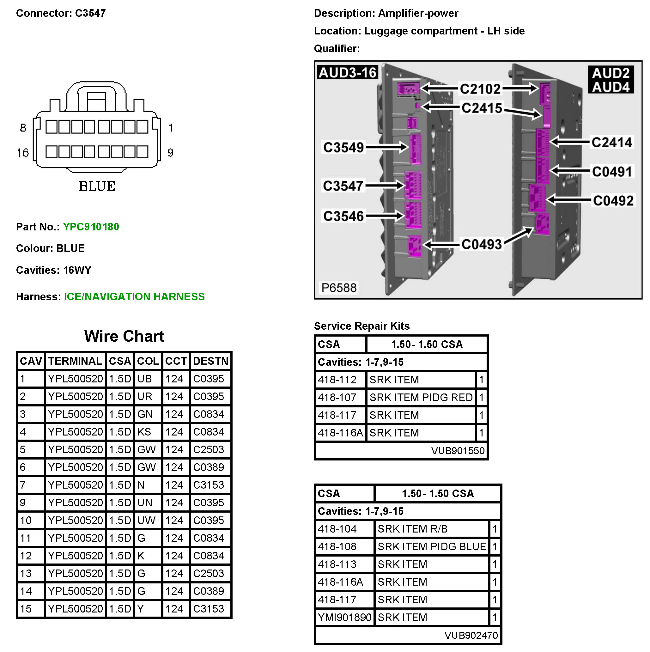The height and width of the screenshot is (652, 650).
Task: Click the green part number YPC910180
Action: [91, 227]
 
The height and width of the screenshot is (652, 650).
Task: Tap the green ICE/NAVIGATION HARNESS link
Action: [134, 297]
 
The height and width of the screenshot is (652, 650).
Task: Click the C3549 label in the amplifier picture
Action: [343, 148]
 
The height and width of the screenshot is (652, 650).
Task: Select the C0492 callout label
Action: [613, 201]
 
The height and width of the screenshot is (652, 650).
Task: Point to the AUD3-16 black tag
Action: [347, 73]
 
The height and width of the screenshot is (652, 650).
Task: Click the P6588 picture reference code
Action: [338, 288]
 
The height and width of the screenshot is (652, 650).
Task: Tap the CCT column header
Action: [176, 361]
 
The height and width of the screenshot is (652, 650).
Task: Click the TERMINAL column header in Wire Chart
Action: [75, 361]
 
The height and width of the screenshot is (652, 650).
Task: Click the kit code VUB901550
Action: [457, 451]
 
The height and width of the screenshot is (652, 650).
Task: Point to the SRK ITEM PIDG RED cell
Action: [421, 398]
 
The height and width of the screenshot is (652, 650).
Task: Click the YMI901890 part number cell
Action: [344, 617]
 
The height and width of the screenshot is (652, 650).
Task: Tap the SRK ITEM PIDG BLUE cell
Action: [431, 546]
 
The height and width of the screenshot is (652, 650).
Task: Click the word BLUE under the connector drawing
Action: [97, 186]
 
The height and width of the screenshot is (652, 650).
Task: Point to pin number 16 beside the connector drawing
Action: [23, 153]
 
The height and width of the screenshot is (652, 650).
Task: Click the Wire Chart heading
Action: [124, 336]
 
